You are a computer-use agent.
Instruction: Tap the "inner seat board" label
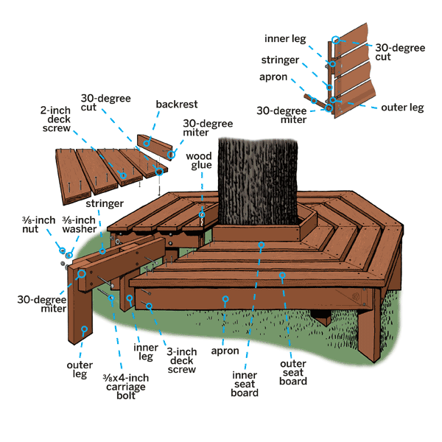(244, 382)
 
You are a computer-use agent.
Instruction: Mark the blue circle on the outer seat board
(282, 276)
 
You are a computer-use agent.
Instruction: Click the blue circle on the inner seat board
(260, 243)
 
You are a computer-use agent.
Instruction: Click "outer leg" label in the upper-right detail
(402, 108)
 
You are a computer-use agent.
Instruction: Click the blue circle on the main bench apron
(226, 299)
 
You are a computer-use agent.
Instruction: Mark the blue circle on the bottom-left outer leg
(85, 329)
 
